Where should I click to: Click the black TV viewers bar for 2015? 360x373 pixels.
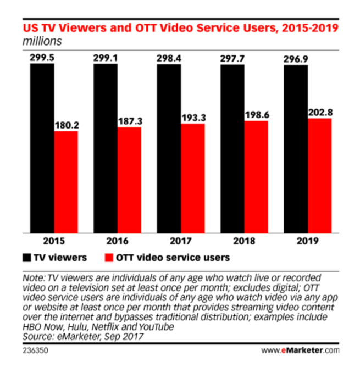43,148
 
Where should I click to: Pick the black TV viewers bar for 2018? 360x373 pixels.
232,148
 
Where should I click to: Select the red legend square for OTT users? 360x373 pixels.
109,257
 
